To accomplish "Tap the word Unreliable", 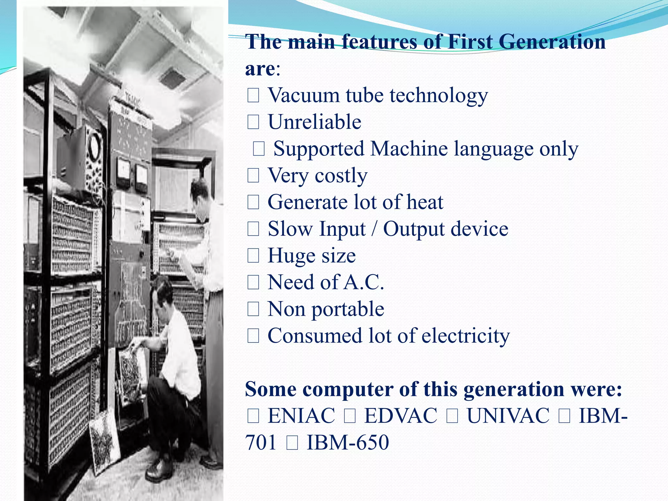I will click(x=314, y=122).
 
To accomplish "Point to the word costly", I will click(x=341, y=176).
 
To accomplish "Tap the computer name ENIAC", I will click(x=301, y=416).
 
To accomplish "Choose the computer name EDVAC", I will click(x=401, y=416).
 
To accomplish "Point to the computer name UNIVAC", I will click(x=508, y=416).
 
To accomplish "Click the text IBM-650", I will click(x=348, y=443).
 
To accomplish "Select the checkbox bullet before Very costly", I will click(x=253, y=176).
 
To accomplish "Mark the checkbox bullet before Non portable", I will click(x=253, y=309).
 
